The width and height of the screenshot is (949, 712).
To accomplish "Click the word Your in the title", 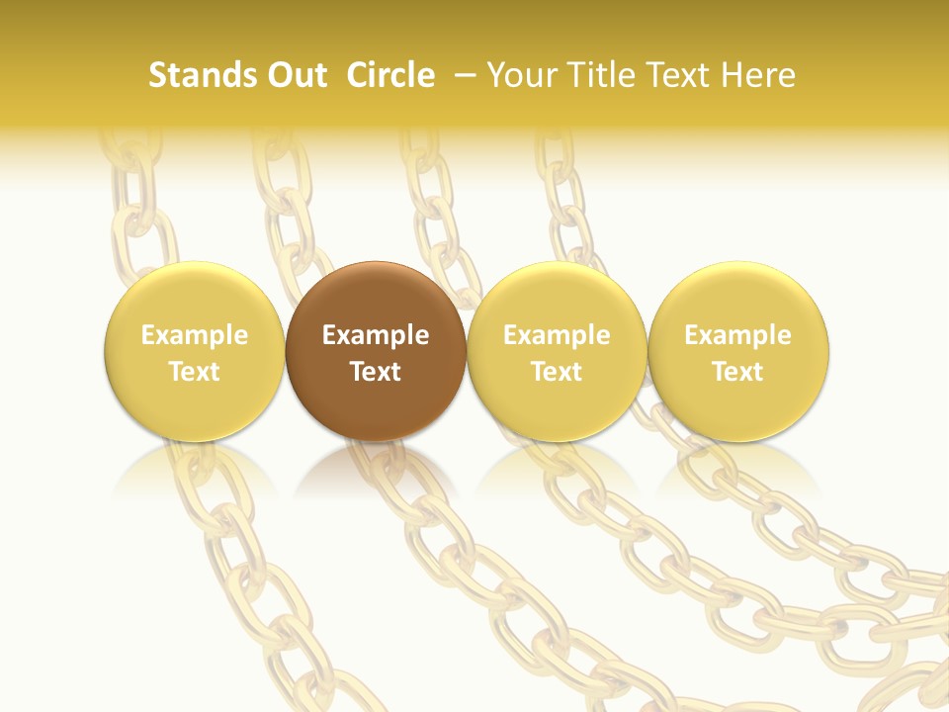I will coord(521,75).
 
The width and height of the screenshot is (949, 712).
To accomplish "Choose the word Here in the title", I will coord(758,75).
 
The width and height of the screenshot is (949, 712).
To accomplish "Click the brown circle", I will coord(376,297).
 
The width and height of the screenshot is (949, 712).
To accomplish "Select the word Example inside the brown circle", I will coord(376,335).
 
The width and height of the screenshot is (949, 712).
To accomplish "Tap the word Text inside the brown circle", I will coord(376,372).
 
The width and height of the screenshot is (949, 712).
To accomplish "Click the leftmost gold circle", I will coord(194,297).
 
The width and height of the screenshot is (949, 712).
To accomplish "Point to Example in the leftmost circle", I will coord(194,335).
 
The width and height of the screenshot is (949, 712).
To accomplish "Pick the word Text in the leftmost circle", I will coord(194,372).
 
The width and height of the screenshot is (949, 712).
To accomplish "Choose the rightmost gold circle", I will coord(738,297).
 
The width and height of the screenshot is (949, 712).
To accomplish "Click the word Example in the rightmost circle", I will coord(738,335).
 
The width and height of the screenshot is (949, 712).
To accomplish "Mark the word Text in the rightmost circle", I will coord(738,372).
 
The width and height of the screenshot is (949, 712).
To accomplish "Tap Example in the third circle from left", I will coord(557,335).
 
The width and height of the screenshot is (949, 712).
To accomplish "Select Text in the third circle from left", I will coord(557,372).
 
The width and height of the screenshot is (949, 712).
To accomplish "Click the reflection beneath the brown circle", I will coord(376,470).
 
